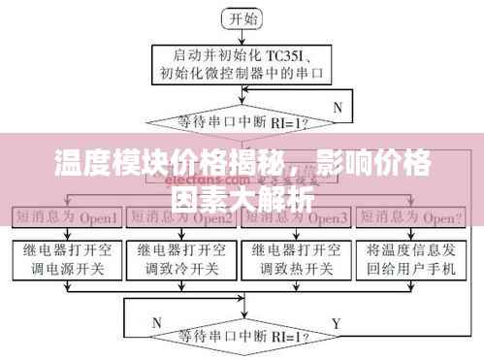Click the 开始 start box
[x=241, y=16]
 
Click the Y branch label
[x=337, y=321]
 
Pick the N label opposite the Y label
[x=157, y=321]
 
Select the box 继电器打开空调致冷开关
[x=180, y=257]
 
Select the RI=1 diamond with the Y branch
[x=241, y=339]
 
